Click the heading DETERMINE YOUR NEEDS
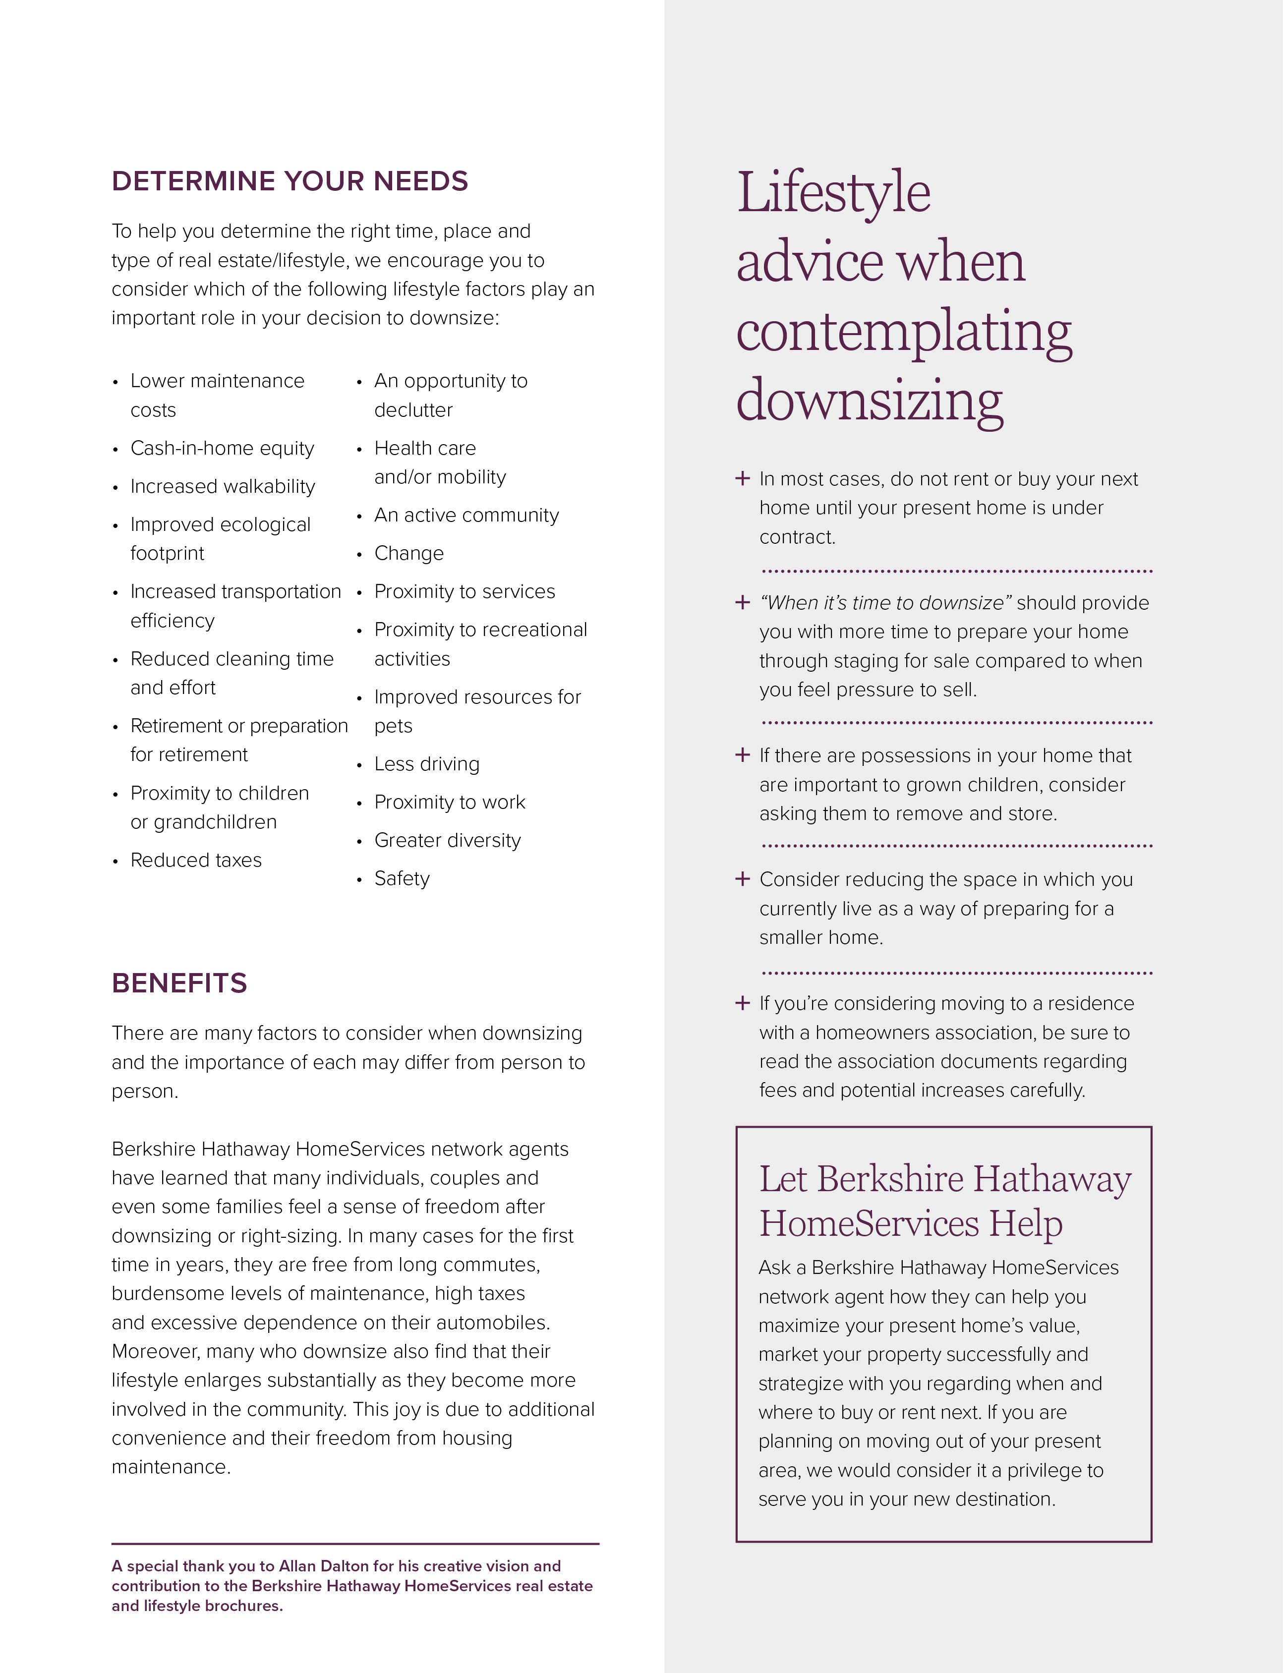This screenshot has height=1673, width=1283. pos(290,182)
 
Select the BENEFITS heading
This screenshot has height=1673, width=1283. pos(179,983)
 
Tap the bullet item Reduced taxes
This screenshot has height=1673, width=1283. pos(195,861)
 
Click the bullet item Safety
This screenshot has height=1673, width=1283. pos(402,879)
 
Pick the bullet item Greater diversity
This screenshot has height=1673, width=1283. pos(448,841)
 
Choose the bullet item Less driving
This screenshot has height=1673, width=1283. pos(427,764)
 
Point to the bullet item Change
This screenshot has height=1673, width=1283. pos(408,554)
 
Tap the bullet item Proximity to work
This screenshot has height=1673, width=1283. pos(450,803)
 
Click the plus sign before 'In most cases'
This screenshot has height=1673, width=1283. pos(742,479)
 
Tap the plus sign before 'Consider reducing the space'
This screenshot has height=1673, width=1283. pos(742,879)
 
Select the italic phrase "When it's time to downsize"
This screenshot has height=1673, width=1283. pos(885,603)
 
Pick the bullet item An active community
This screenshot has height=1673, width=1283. pos(466,516)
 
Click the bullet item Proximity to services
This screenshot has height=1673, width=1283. pos(465,592)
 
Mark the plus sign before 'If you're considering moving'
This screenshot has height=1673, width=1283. pos(742,1003)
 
